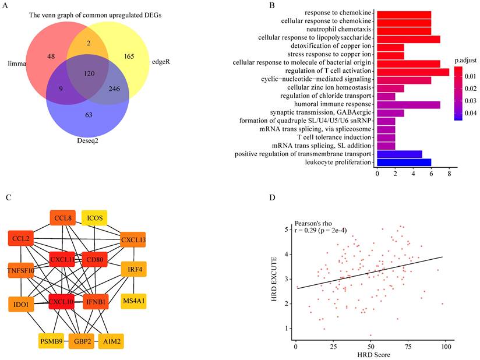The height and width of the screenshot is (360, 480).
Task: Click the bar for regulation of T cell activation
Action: pyautogui.click(x=412, y=71)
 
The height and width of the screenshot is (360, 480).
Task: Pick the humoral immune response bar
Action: pyautogui.click(x=408, y=104)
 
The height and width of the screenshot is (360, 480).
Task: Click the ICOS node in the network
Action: pyautogui.click(x=94, y=218)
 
